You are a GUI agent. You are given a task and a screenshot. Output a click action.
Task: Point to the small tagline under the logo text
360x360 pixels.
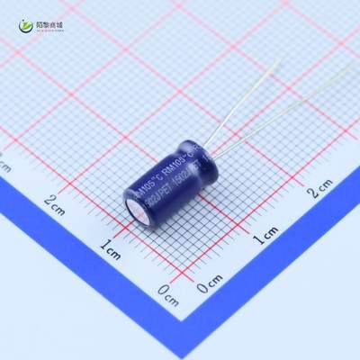49,30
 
